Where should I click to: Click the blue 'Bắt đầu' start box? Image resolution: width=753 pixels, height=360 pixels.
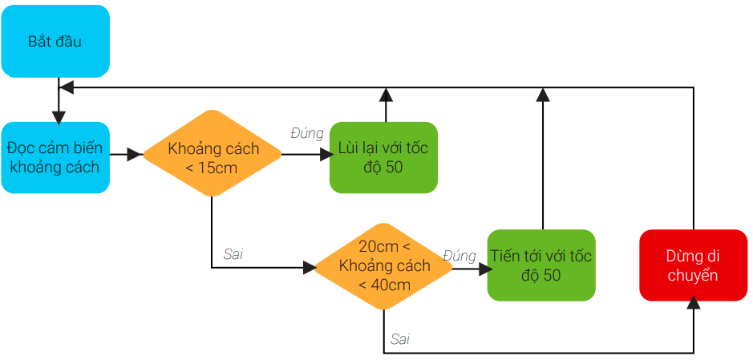click(x=55, y=41)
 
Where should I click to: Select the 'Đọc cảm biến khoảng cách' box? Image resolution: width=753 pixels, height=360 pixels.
click(x=55, y=157)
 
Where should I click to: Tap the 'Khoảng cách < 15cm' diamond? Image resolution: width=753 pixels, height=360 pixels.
click(x=213, y=153)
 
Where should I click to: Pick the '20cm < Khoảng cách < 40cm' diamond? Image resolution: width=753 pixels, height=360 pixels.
click(x=384, y=266)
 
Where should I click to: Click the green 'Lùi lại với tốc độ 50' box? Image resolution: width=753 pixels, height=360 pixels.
click(x=383, y=157)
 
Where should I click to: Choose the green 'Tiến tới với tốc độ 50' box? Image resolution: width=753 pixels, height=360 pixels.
click(x=541, y=265)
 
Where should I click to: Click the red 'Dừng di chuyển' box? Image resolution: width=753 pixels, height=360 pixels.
click(x=693, y=265)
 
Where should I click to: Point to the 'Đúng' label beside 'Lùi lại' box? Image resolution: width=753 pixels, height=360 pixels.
click(x=306, y=133)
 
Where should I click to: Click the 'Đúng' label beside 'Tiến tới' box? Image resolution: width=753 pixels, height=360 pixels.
click(x=459, y=256)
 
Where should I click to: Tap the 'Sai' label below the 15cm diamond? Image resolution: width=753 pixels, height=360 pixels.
click(x=233, y=254)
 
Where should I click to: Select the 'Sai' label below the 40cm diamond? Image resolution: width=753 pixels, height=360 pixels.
click(x=400, y=339)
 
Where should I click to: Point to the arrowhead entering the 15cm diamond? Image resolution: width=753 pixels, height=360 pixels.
click(x=135, y=153)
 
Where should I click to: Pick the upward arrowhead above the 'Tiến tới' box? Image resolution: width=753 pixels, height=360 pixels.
click(x=543, y=95)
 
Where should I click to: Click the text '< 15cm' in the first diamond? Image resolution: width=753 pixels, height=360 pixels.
click(x=213, y=168)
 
